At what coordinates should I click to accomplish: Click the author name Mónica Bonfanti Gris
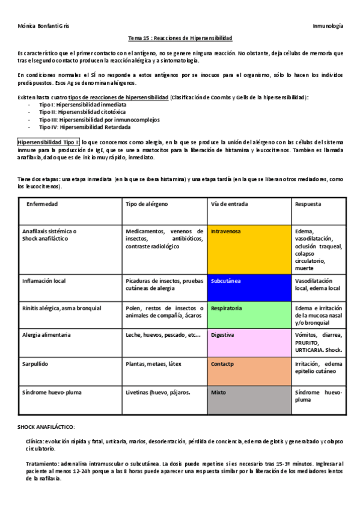click(44, 26)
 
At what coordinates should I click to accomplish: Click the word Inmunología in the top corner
click(328, 26)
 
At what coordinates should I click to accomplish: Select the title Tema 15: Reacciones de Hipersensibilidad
click(180, 38)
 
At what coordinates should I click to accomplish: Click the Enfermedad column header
click(42, 204)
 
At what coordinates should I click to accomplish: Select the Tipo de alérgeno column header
click(147, 204)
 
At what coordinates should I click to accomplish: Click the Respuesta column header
click(308, 204)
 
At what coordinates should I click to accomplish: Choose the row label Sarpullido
click(35, 364)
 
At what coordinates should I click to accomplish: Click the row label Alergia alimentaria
click(46, 334)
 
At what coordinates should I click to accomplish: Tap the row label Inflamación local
click(44, 281)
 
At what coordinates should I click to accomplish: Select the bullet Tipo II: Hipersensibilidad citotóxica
click(82, 112)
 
